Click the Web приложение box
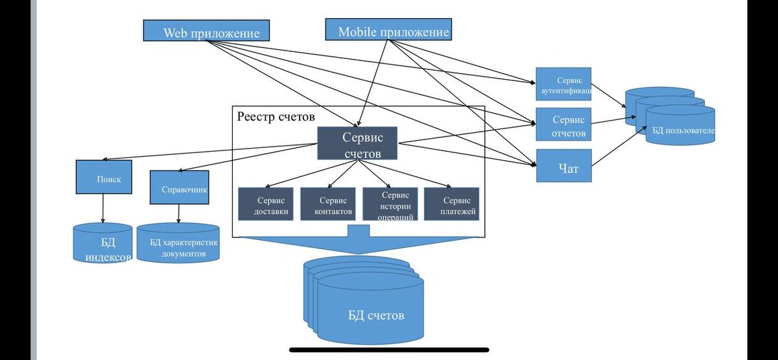(x=206, y=31)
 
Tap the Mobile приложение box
(x=388, y=30)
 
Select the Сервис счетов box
(x=357, y=143)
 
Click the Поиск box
(x=104, y=177)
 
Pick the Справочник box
(x=179, y=187)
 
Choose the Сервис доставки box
(x=266, y=204)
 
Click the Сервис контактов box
(x=327, y=204)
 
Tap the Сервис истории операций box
(x=389, y=204)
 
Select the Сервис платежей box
(x=451, y=204)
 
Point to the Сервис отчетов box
(x=563, y=125)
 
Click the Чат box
(x=563, y=165)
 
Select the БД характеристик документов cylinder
(x=178, y=244)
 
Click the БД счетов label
(x=376, y=316)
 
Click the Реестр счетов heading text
(x=276, y=117)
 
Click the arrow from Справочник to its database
(x=179, y=214)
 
